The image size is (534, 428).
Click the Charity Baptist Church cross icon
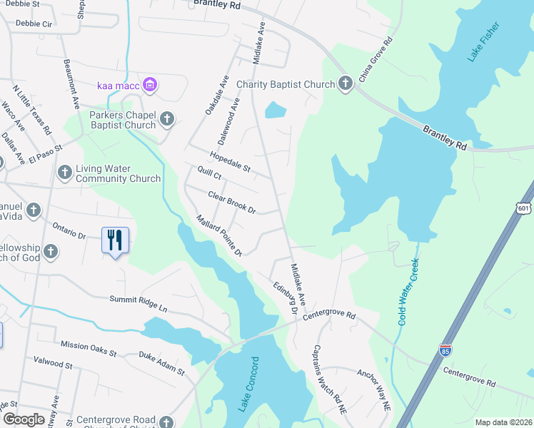(x=346, y=84)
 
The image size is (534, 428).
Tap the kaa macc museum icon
(x=149, y=86)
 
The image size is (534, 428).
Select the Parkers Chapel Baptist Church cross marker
(x=166, y=119)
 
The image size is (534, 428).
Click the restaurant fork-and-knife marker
(x=115, y=240)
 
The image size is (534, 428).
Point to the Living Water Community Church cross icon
(x=65, y=173)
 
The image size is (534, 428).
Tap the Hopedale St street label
(x=230, y=163)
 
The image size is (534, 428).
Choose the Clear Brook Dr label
(x=231, y=203)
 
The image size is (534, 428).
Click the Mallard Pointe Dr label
(x=220, y=235)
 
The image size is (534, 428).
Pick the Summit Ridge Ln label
(x=138, y=304)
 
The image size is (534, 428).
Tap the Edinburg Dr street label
(x=283, y=297)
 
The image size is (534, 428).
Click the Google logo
(x=24, y=419)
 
